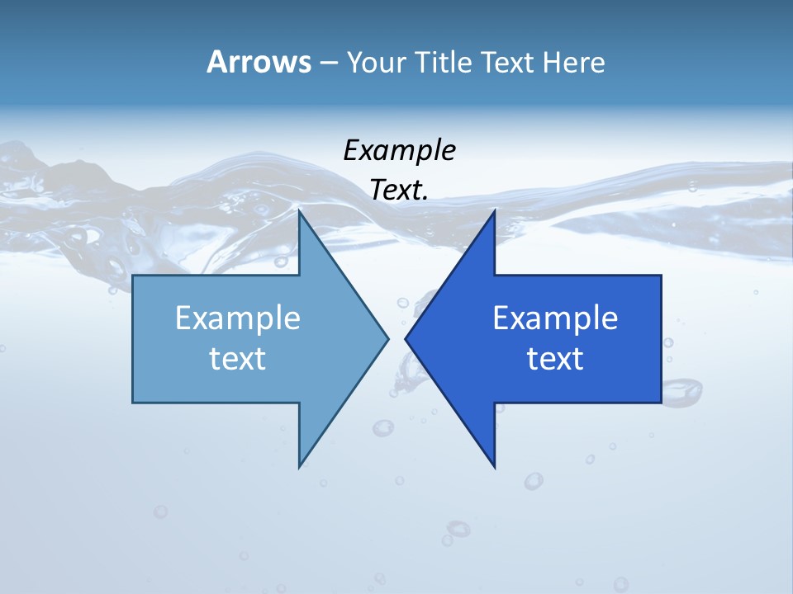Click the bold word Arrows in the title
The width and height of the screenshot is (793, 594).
(259, 62)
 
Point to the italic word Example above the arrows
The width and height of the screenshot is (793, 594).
(399, 150)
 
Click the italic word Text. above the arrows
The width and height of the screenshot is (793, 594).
(399, 190)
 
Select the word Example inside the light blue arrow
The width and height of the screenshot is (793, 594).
(238, 318)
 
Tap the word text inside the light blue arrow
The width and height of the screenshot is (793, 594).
(238, 358)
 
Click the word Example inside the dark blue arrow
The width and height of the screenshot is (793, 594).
(555, 318)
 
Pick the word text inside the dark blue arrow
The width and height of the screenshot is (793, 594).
(555, 358)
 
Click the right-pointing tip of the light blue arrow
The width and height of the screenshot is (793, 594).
(387, 338)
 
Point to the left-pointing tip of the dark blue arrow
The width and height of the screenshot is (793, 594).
(406, 338)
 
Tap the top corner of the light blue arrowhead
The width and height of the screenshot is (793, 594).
(300, 211)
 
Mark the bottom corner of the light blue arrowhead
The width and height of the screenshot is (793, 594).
(300, 467)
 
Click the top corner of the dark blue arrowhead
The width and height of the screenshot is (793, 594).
(494, 211)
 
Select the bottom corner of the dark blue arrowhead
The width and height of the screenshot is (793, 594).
(494, 467)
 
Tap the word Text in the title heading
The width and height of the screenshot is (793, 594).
(506, 62)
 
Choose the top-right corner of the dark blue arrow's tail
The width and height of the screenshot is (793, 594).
(661, 276)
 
